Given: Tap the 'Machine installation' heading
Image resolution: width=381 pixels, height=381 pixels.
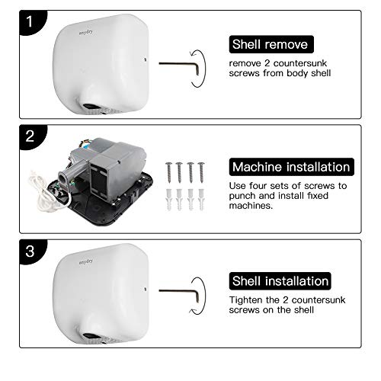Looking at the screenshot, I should pyautogui.click(x=290, y=166).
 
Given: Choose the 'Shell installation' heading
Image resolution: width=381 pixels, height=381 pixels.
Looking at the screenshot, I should pyautogui.click(x=280, y=281).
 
